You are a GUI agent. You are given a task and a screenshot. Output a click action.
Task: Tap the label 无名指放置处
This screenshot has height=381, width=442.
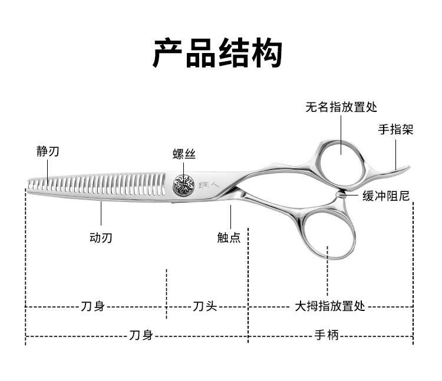(341, 107)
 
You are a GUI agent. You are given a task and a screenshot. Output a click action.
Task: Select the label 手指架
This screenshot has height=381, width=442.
(395, 130)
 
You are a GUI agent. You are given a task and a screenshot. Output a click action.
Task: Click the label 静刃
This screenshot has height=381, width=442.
(48, 152)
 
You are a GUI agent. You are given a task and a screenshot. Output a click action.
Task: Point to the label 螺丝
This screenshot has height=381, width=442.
(184, 154)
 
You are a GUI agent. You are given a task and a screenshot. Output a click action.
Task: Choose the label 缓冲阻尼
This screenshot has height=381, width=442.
(386, 196)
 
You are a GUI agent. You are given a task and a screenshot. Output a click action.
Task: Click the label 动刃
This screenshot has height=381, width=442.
(100, 238)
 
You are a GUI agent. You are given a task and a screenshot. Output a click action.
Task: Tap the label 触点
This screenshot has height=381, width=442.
(229, 238)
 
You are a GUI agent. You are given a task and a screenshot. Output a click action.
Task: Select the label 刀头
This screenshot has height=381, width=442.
(206, 306)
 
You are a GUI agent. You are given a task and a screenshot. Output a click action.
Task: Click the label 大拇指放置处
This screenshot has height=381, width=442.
(330, 306)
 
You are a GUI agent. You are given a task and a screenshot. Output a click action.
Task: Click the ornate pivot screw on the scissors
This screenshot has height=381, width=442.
(183, 186)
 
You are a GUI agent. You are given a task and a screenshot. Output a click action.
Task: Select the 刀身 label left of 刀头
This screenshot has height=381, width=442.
(93, 306)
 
